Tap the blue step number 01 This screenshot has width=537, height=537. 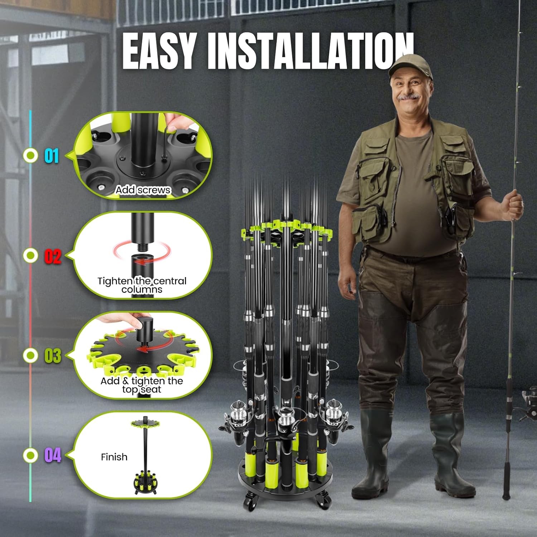click(x=52, y=156)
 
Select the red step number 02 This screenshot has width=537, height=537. click(x=53, y=256)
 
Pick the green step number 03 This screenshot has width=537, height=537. click(x=53, y=356)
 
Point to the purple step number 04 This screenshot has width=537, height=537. click(x=53, y=455)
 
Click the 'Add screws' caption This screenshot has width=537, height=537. click(x=142, y=190)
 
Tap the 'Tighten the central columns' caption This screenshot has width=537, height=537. click(x=142, y=285)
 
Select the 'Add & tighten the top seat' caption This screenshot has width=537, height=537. click(x=142, y=385)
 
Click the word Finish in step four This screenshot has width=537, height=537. click(x=114, y=457)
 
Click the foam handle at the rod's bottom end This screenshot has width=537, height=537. click(x=508, y=476)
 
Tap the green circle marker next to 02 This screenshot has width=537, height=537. click(x=30, y=255)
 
